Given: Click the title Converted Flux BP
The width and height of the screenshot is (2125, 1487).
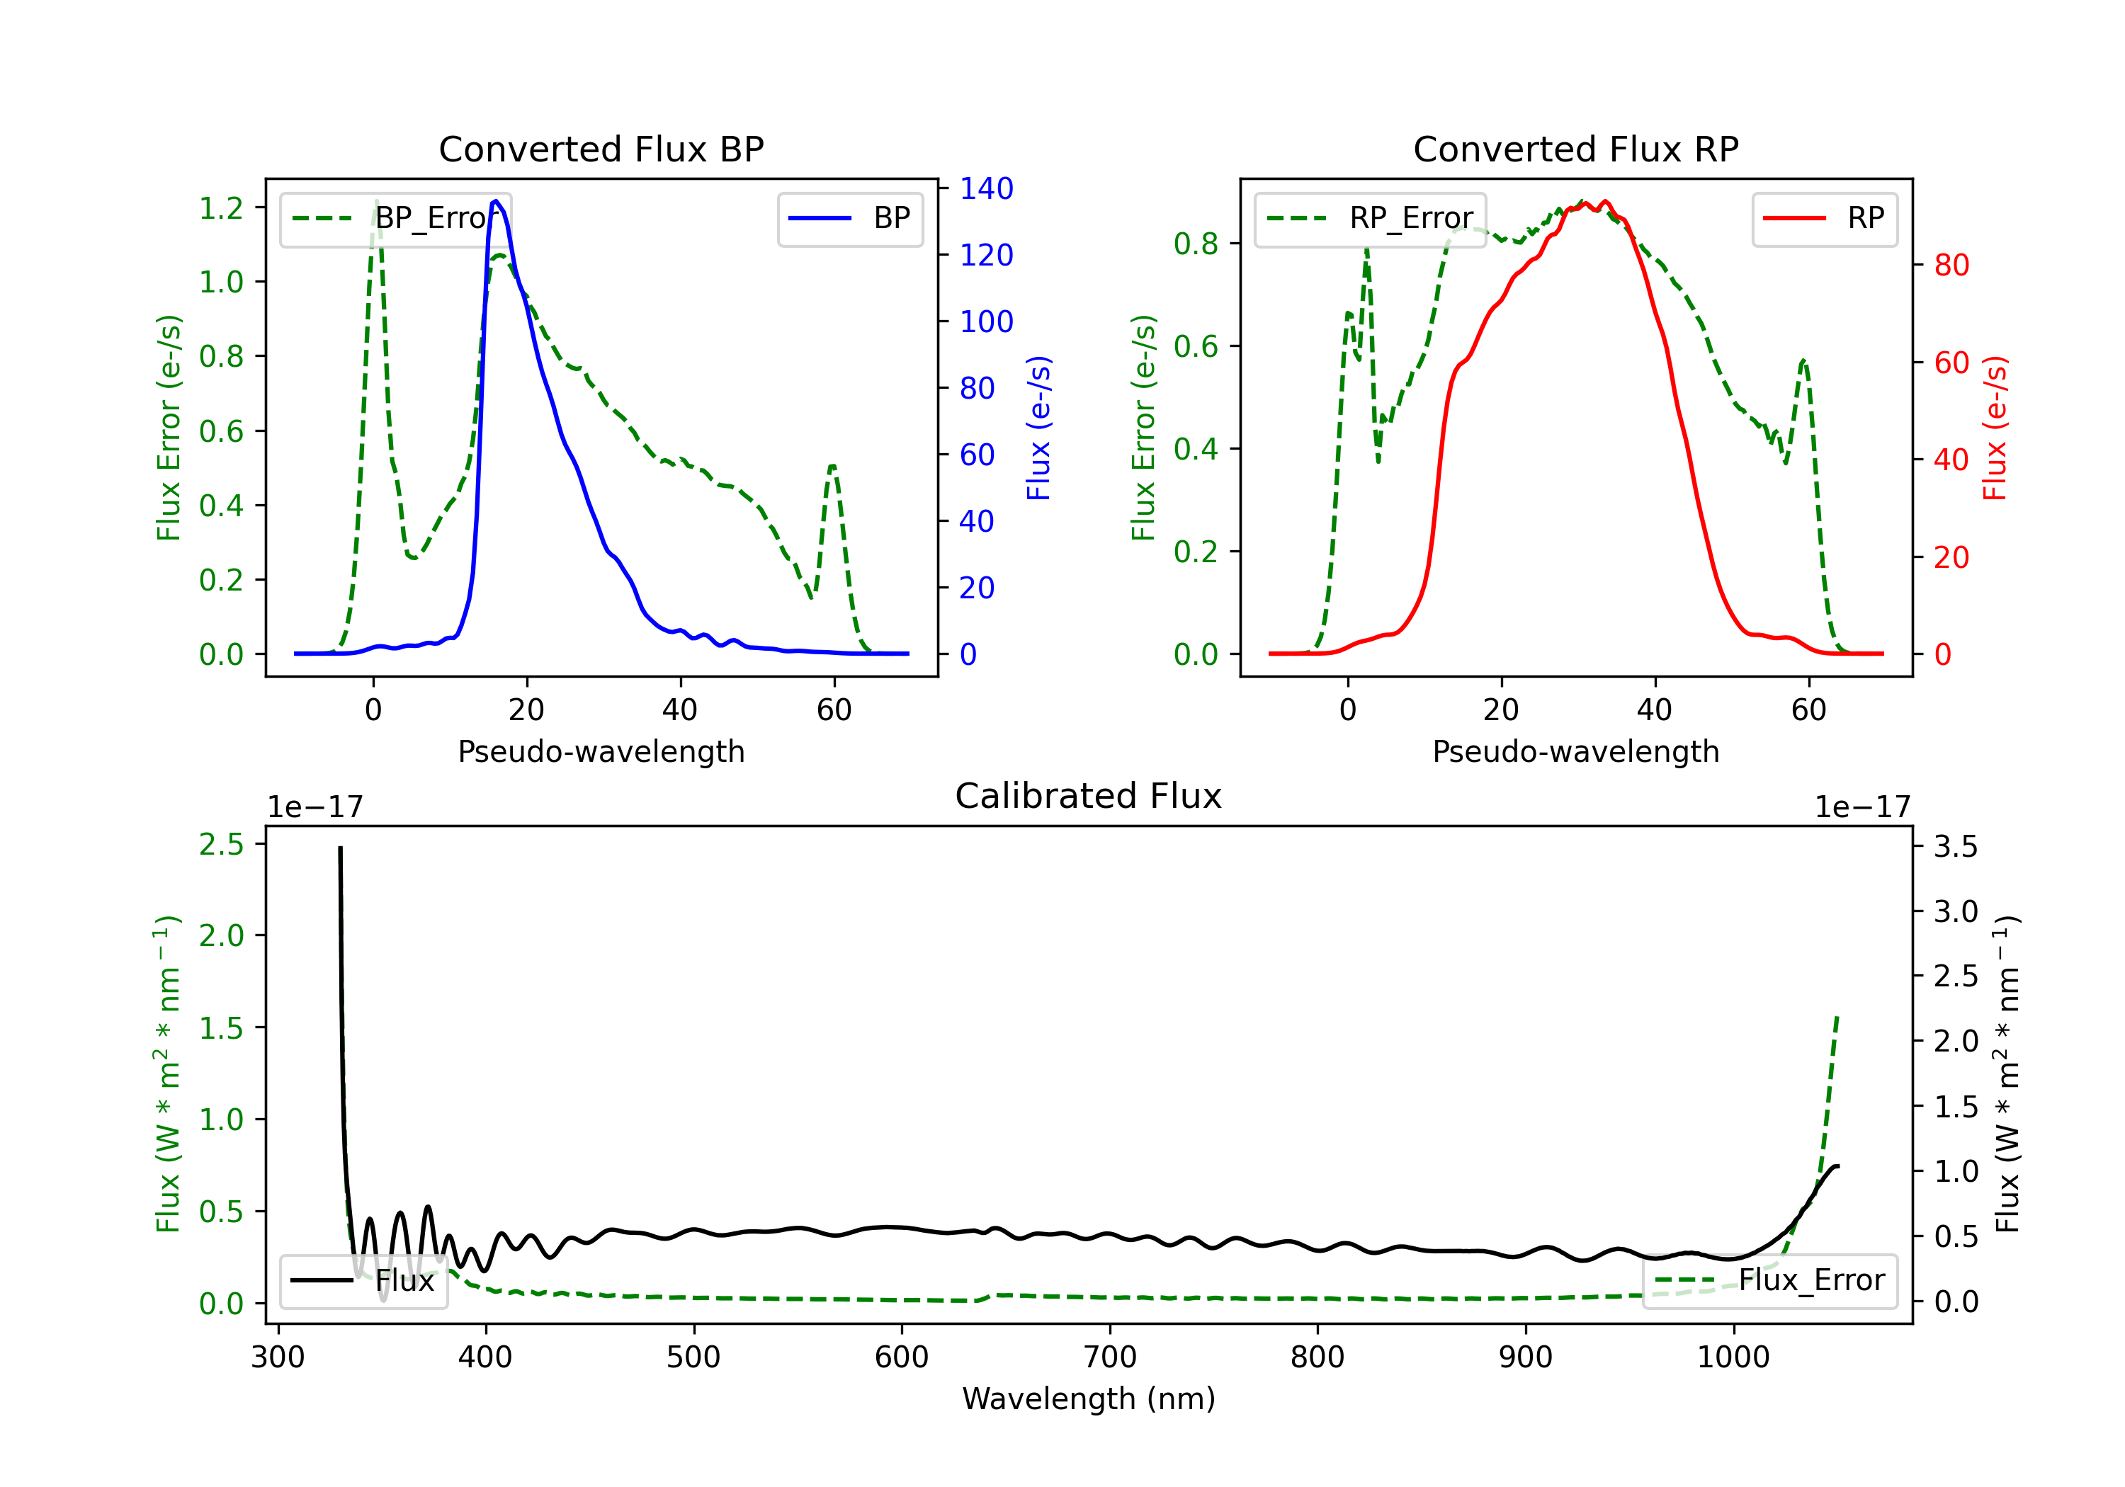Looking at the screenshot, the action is coord(601,149).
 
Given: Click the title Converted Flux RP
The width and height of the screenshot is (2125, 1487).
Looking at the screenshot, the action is coord(1576,149).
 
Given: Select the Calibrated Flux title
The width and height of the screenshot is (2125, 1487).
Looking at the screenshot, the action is coord(1089,796).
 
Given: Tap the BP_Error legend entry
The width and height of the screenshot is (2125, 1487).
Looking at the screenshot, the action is coord(395,218).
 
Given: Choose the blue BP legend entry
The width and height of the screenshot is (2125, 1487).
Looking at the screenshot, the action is coord(849,218).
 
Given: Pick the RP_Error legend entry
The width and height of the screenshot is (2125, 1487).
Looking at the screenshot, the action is coord(1370,218).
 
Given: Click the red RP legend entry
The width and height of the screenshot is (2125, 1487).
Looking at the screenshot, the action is coord(1824,218).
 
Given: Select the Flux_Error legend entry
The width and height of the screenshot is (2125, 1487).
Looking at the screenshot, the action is coord(1769,1281).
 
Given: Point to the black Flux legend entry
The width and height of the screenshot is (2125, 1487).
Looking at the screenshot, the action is coord(363,1281).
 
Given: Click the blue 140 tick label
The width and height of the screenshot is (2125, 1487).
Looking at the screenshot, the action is coord(987,189).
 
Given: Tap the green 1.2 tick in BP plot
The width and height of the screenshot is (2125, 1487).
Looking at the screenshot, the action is coord(221,208).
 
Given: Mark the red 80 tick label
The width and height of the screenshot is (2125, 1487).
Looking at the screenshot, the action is coord(1952,266).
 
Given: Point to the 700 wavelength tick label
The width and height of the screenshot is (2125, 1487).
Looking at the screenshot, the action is coord(1110,1357).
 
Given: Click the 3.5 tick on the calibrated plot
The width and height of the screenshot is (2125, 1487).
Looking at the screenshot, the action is coord(1956,847).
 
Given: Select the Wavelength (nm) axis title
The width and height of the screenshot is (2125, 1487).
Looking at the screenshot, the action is coord(1089,1399).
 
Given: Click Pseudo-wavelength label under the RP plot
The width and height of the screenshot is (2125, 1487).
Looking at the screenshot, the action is coord(1576,751).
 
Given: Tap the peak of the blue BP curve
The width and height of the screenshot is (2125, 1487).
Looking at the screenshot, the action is coord(496,201).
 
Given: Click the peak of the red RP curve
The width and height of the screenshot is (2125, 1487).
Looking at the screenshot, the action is coord(1605,202).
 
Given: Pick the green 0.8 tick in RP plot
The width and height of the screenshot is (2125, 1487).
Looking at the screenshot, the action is coord(1196,244).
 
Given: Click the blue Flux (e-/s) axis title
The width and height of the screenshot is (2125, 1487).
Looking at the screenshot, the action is coord(1038,428).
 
